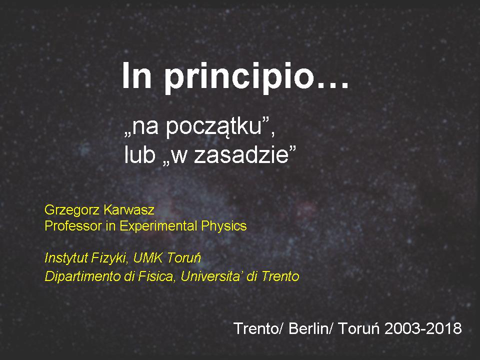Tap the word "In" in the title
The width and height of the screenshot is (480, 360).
[136, 75]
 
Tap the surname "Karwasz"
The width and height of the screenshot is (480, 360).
[129, 210]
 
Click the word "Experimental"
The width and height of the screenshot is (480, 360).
[158, 226]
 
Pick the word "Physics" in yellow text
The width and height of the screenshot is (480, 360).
[224, 226]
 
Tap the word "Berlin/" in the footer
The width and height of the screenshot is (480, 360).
[310, 328]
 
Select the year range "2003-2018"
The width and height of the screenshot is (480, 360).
[423, 328]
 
